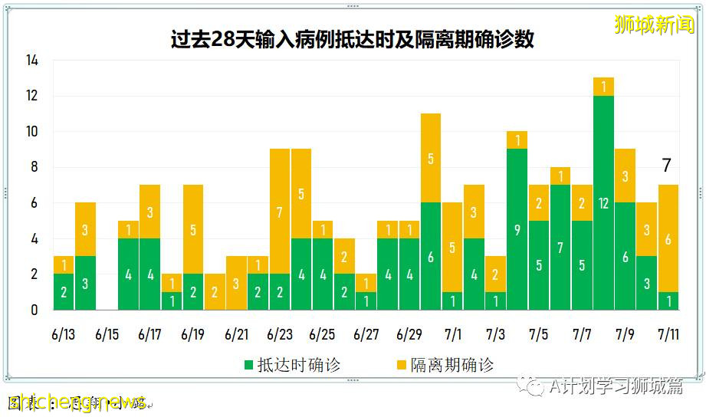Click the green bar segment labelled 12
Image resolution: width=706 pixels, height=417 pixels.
[x=603, y=202]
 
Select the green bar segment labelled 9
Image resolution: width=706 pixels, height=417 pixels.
[x=517, y=229]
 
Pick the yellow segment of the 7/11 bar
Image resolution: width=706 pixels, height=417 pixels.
[x=668, y=238]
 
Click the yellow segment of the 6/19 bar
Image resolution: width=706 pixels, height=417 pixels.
[x=193, y=229]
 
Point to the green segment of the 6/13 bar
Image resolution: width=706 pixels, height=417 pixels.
[x=64, y=292]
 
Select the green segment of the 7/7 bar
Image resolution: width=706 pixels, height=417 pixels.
[x=582, y=265]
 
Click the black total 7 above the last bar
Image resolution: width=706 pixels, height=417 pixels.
[x=667, y=165]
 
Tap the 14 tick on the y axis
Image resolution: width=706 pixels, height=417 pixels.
[x=31, y=61]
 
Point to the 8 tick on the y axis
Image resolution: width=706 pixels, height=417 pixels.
[x=34, y=168]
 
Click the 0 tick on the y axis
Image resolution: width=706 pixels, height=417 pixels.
[x=34, y=310]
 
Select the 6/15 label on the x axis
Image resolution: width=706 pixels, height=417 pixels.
[x=107, y=335]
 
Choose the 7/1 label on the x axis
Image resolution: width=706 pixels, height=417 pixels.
[x=452, y=335]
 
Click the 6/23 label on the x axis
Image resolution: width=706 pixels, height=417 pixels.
[x=279, y=335]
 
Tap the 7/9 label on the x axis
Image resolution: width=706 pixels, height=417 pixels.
[x=625, y=335]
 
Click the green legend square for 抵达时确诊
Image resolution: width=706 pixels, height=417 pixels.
[x=248, y=366]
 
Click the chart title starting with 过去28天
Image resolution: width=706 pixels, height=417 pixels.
[x=352, y=39]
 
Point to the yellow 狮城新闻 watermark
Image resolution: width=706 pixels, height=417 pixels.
[x=654, y=25]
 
